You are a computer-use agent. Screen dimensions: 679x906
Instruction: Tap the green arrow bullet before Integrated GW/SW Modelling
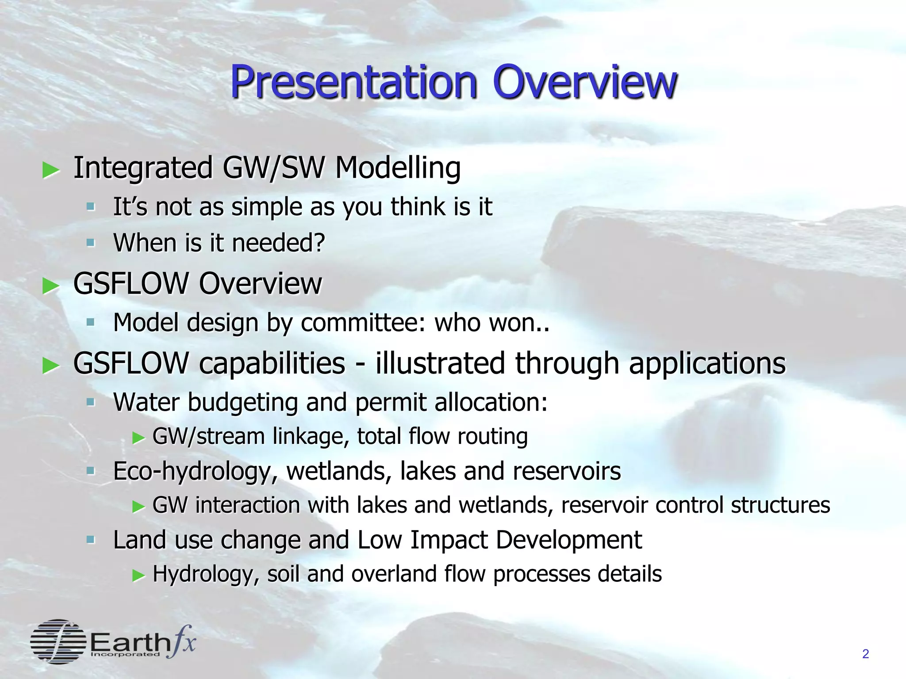51,170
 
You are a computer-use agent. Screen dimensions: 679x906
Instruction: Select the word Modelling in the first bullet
398,169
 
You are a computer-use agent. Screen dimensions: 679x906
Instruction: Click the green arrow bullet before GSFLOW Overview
51,286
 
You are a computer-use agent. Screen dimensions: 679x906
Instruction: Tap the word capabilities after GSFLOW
272,364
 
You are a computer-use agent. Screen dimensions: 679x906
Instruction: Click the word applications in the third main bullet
707,364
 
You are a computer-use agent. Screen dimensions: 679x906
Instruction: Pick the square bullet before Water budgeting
91,402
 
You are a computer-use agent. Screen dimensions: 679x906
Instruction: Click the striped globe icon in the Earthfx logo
58,641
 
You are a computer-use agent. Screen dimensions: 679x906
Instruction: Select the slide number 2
865,654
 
